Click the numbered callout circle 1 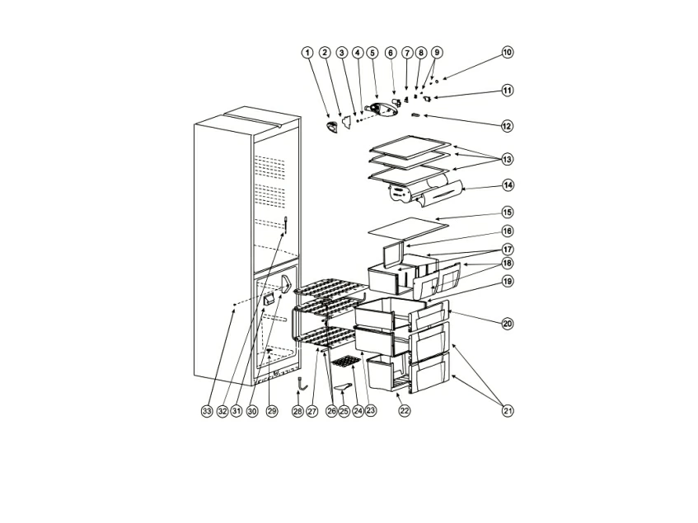(307, 53)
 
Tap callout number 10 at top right (508, 52)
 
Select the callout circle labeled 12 (507, 126)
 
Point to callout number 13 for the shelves (507, 159)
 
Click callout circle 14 (508, 185)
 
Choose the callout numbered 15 (508, 212)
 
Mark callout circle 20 (508, 324)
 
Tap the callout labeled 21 (508, 410)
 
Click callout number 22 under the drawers (404, 410)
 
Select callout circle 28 (297, 411)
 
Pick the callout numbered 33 (207, 411)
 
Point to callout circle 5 (372, 53)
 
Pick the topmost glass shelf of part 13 (410, 147)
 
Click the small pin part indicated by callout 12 (416, 115)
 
